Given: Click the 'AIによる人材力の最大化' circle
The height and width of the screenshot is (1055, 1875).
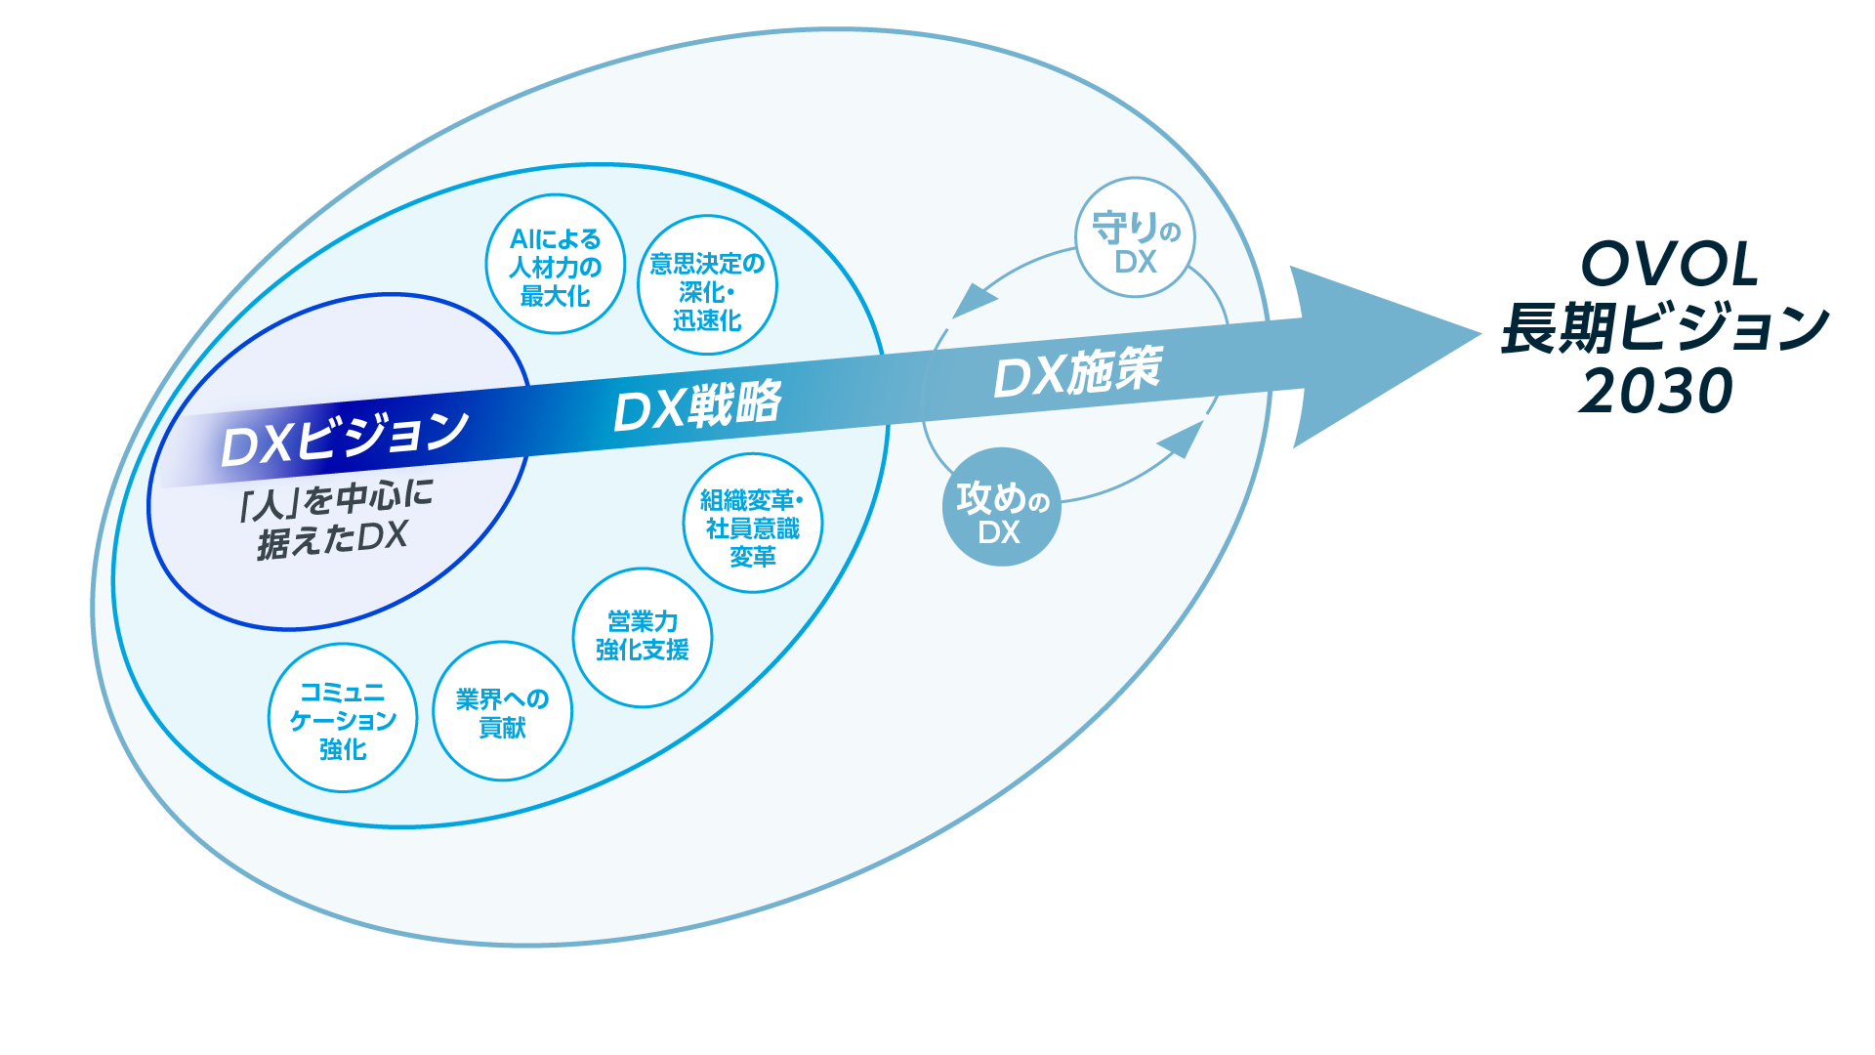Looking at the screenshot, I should click(555, 265).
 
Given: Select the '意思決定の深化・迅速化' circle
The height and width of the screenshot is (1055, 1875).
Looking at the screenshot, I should click(707, 286).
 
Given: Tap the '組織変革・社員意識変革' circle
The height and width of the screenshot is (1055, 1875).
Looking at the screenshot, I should click(752, 524).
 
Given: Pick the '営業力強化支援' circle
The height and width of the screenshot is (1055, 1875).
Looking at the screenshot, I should click(642, 637).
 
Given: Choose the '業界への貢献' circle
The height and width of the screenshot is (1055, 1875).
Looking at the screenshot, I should click(502, 711).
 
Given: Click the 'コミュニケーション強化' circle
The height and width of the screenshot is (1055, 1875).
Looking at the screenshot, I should click(343, 718).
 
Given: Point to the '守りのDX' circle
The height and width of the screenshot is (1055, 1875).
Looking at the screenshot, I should click(1135, 236).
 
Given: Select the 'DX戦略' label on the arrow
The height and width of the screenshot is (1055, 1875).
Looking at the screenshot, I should click(697, 405).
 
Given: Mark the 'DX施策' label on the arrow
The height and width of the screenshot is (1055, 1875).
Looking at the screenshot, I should click(1077, 372).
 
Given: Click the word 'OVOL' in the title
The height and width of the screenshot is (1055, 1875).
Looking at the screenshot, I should click(1669, 264).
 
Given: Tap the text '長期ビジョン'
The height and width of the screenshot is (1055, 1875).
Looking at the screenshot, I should click(1665, 327).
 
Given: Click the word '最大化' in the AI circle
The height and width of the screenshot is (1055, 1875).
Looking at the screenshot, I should click(555, 295).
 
